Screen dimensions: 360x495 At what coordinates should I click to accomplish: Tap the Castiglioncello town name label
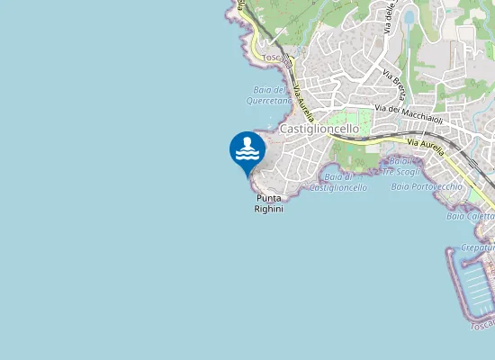(319, 129)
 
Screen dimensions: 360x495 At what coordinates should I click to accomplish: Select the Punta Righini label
(269, 203)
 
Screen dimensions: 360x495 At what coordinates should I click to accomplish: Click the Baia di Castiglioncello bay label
(337, 183)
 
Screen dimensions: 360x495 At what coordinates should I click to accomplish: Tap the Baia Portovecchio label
(427, 186)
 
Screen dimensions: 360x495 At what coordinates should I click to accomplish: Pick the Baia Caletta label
(471, 216)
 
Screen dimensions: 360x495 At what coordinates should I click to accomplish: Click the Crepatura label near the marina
(478, 247)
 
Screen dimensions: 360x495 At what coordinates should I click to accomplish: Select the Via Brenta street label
(392, 83)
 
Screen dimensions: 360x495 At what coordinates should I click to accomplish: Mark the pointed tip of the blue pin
(247, 175)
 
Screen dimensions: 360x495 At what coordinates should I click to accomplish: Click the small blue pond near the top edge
(410, 16)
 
